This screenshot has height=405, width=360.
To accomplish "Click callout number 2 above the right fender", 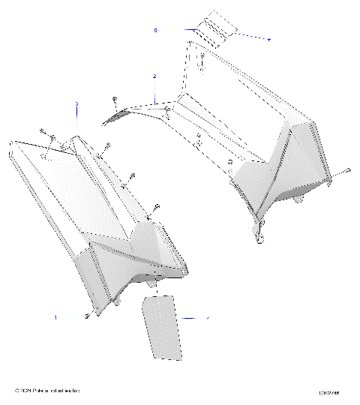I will point(154,77).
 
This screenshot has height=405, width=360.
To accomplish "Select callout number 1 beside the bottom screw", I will point(55,318).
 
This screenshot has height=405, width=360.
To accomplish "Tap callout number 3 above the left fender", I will point(76,103).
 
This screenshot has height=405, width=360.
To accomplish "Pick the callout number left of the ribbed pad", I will point(155,31).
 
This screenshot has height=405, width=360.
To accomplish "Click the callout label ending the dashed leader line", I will point(269,38).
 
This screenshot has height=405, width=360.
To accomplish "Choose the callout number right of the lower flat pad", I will point(208,319).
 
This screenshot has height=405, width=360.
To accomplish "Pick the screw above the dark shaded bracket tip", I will point(112,99).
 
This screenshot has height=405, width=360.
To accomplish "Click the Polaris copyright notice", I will point(48,391).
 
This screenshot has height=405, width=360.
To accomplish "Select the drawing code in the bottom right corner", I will point(328,391).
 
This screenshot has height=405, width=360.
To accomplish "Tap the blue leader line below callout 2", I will point(154,91).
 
